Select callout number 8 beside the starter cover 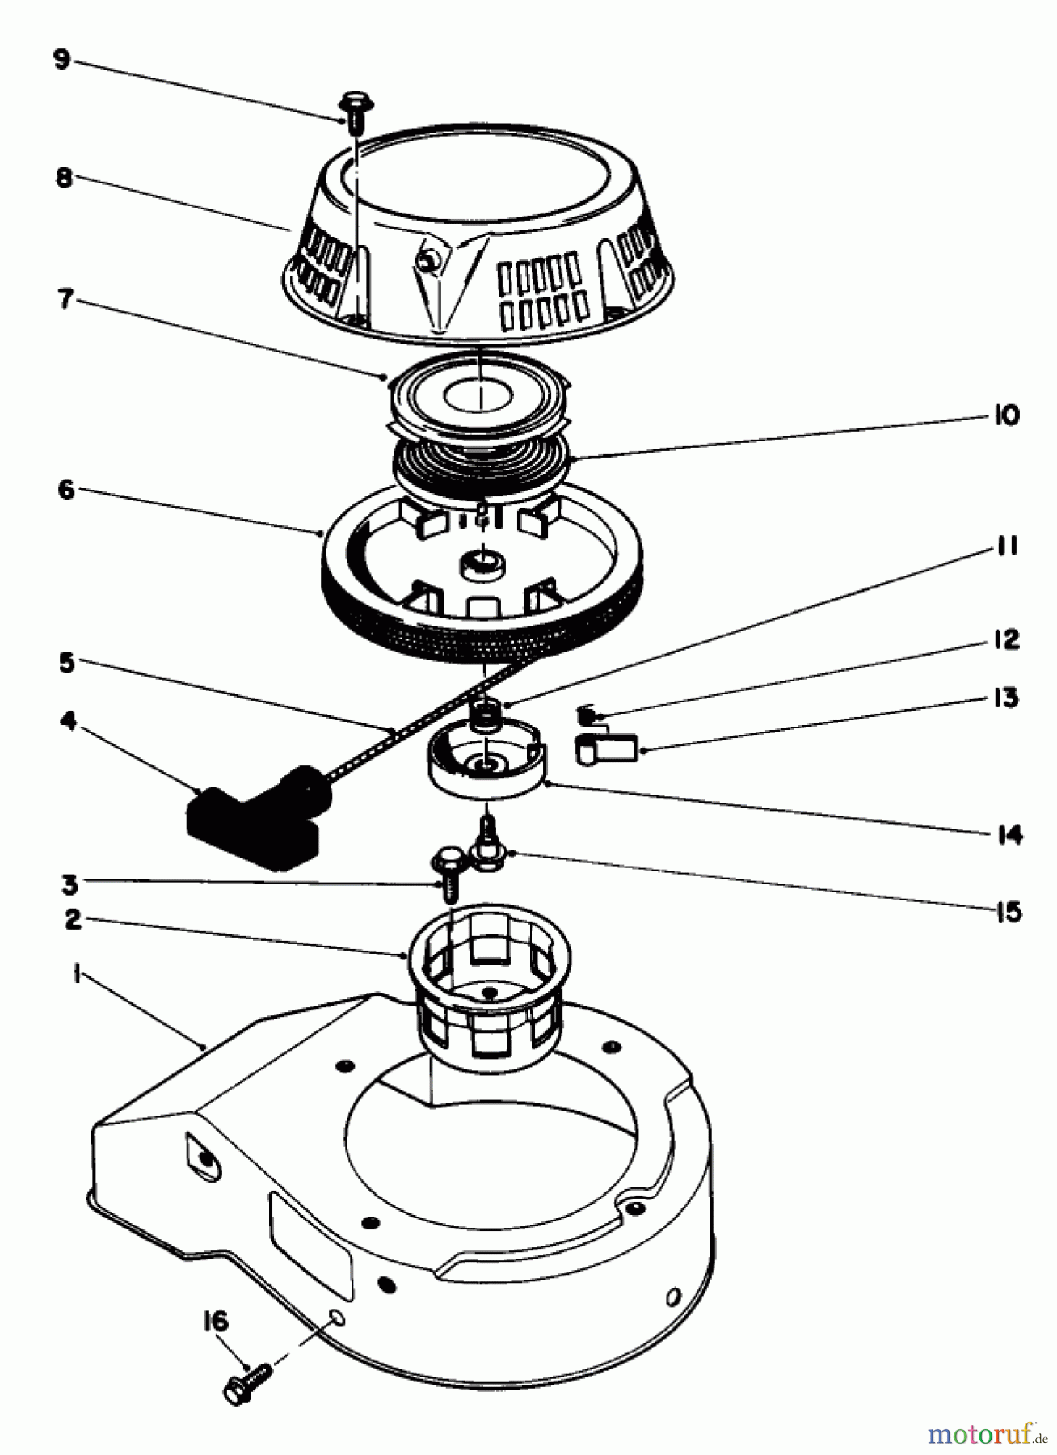[64, 178]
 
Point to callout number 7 [64, 300]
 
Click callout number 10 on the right [1006, 415]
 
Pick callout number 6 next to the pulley [66, 490]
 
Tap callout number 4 [69, 720]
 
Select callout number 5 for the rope [67, 663]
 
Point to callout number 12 [1006, 639]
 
